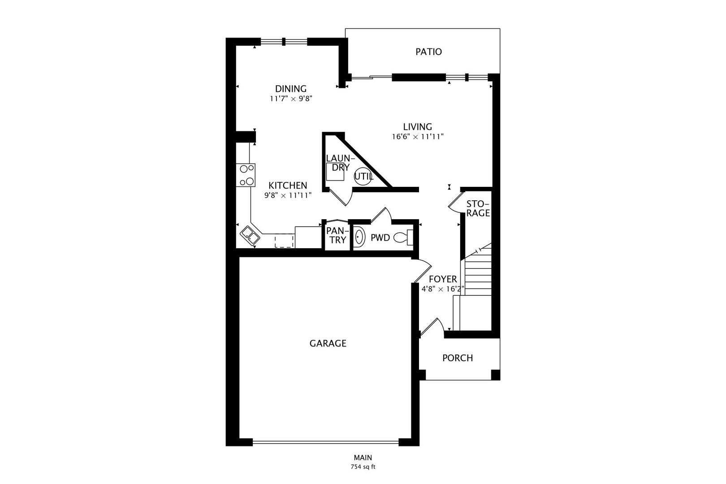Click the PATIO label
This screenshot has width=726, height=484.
pos(428,52)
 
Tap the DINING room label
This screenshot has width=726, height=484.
pos(291,89)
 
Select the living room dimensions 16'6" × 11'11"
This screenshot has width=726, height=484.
pos(418,137)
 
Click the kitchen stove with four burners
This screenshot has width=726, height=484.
pos(246,175)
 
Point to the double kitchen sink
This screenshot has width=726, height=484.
pos(250,236)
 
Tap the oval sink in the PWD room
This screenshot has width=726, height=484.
pos(359,238)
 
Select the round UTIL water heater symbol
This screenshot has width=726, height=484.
pos(363,177)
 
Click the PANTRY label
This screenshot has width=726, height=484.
pos(338,235)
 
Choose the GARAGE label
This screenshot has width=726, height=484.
pos(328,343)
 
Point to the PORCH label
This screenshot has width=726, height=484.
pos(458,358)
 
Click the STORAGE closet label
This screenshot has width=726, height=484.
pos(478,208)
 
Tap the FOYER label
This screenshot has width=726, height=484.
pos(443,279)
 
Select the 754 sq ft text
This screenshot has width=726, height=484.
pos(363,467)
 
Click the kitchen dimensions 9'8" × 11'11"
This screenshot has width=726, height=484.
pos(288,195)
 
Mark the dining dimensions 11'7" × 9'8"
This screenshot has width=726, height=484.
pos(291,99)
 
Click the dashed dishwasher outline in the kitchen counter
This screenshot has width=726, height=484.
pos(284,241)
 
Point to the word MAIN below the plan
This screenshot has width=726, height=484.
pos(363,458)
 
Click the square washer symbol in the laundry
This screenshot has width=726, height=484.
pos(335,172)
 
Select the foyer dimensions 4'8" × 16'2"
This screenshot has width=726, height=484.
pos(443,289)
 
